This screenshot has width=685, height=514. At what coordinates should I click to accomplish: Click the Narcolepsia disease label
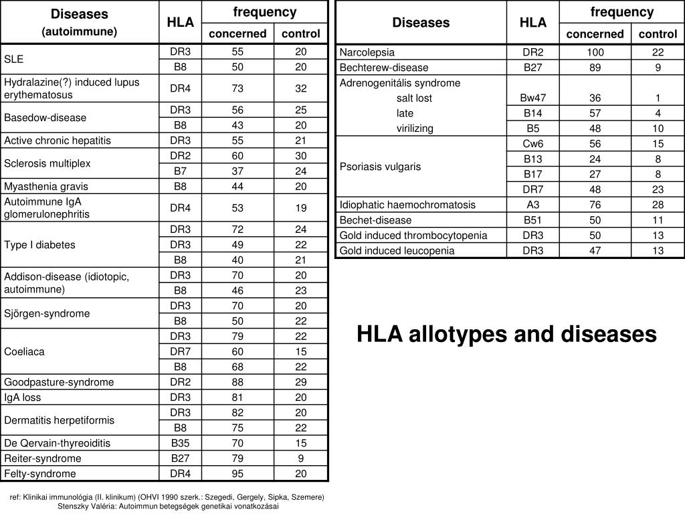(367, 52)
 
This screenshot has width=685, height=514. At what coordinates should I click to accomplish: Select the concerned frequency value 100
(595, 52)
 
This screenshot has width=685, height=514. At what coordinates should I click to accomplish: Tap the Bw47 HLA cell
(532, 98)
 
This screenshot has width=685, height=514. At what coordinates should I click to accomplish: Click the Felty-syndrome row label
(40, 474)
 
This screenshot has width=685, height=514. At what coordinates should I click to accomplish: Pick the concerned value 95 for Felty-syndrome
(237, 474)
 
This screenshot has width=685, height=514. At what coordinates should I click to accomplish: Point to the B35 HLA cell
(180, 443)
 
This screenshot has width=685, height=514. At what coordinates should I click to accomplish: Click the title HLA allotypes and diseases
(506, 334)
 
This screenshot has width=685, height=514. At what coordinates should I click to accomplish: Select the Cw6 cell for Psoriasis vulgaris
(532, 144)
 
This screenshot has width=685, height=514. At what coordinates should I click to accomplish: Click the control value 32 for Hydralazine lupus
(300, 88)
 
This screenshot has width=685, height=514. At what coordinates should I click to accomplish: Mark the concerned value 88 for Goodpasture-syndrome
(237, 382)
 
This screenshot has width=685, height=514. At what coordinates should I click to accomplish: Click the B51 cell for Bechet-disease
(532, 220)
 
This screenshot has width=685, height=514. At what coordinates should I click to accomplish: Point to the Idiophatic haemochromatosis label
(407, 205)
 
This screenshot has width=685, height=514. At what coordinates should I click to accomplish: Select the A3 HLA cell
(532, 205)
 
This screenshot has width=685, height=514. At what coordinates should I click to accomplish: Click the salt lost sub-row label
(414, 98)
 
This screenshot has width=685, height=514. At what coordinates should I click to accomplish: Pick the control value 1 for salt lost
(658, 98)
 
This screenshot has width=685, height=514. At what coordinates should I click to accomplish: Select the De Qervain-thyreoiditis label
(58, 443)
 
